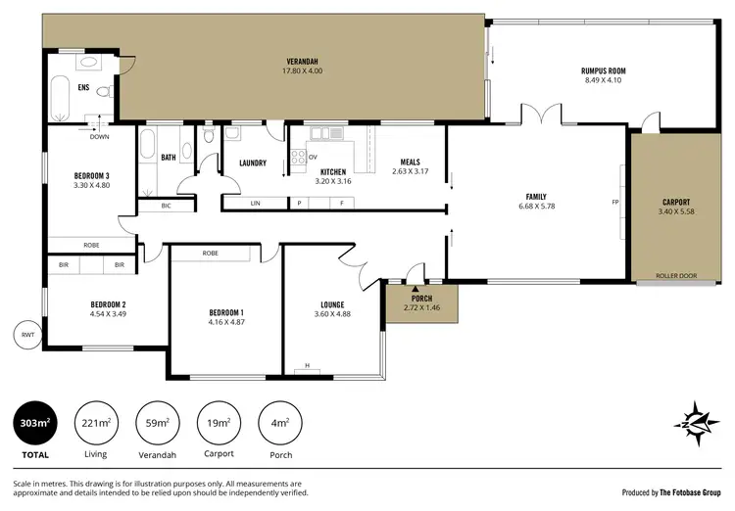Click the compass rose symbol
click(x=693, y=419)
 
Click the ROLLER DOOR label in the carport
click(x=675, y=276)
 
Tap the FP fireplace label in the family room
click(x=615, y=202)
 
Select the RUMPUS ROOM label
click(x=603, y=71)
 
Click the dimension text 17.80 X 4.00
click(x=302, y=71)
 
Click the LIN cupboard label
click(x=255, y=204)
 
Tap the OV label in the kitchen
click(x=314, y=158)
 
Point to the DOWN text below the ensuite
click(x=99, y=137)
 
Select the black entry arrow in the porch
click(x=416, y=289)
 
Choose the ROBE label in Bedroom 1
click(x=210, y=254)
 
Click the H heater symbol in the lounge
click(x=307, y=366)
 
